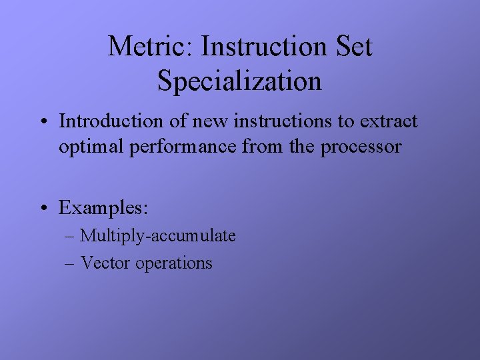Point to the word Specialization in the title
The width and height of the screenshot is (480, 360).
239,81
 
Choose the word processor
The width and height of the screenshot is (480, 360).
361,147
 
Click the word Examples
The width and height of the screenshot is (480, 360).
103,207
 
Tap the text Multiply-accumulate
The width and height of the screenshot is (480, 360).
158,236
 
